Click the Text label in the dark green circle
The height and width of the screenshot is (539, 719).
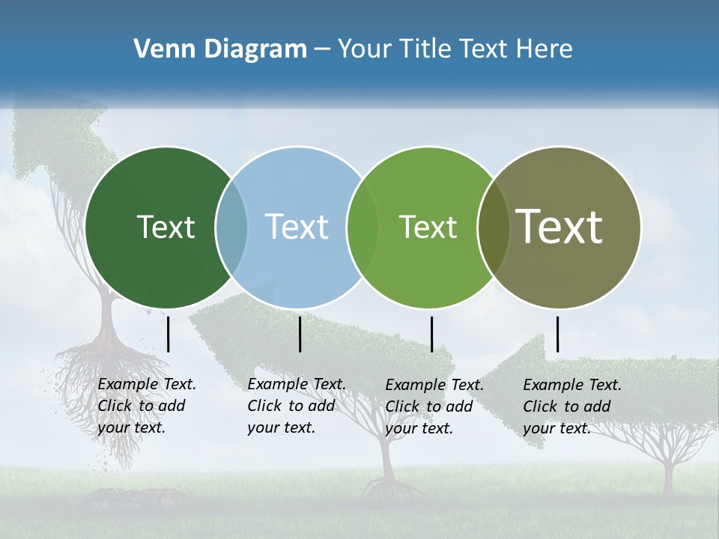(166, 227)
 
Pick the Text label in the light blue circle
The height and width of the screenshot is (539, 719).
(297, 227)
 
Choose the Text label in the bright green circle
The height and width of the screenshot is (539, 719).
(428, 227)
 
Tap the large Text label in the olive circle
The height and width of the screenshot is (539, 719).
(559, 227)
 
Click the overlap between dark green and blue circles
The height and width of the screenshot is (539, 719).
(231, 227)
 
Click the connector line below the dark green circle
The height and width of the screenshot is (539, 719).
(168, 334)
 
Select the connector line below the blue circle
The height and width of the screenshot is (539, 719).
(300, 334)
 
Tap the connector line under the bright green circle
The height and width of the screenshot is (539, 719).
(431, 334)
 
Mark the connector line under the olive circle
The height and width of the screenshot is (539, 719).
(557, 334)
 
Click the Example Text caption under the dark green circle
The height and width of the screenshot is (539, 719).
(147, 406)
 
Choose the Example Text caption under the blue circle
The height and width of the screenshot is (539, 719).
(297, 406)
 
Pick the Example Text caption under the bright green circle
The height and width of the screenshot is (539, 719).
(434, 406)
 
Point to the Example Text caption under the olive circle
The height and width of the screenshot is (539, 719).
(572, 406)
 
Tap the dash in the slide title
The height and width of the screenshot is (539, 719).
(321, 50)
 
